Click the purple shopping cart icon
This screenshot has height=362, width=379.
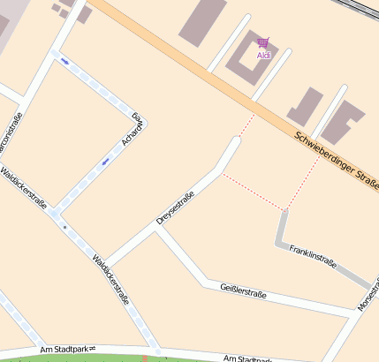pos(262,42)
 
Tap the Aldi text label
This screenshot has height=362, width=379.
pos(263,55)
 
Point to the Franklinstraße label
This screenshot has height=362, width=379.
pos(313,256)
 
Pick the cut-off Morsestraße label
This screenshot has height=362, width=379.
pos(366,296)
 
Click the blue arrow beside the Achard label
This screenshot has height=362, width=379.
pos(106,162)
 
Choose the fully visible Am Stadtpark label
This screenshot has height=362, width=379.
pos(66,351)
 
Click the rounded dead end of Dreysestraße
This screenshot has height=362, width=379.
pos(233,141)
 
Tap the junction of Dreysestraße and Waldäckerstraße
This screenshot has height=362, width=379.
pos(106,264)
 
